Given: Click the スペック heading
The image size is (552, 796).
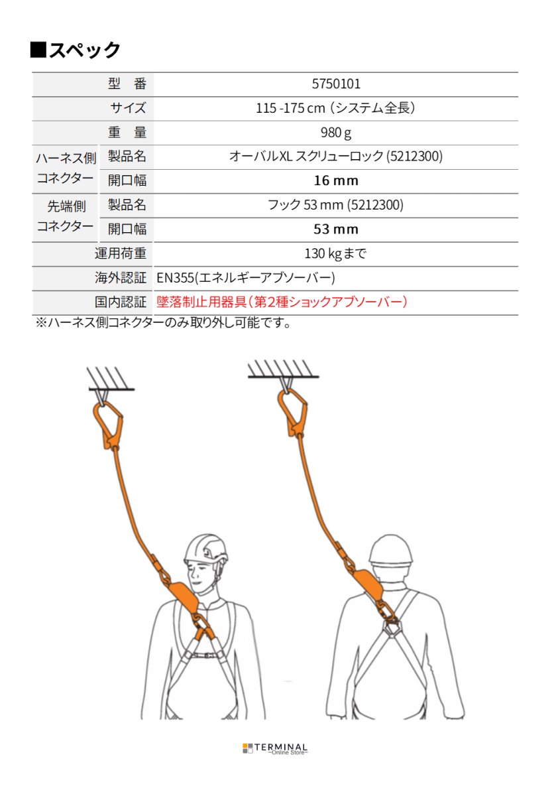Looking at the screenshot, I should pos(76,50).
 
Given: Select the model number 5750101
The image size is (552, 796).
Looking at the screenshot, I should pos(335,84).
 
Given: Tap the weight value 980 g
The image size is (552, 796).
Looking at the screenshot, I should pos(335,133).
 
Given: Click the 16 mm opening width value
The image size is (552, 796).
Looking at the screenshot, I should pos(335,181).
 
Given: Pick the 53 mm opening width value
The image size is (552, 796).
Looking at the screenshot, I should pos(335,230).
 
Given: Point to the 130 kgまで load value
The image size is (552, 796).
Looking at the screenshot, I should pos(335,253).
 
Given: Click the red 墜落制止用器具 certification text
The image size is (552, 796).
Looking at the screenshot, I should pos(282,302).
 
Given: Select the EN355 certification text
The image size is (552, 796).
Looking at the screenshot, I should pos(246,278).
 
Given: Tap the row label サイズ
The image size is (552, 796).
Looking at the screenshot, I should pos(128,108).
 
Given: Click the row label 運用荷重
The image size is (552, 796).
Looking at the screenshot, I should pos(121,253).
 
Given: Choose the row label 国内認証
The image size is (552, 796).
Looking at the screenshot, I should pos(121,302).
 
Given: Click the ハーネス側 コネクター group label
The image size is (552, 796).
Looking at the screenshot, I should pos(65,168).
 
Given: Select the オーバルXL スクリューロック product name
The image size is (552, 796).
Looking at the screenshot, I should pos(335,157).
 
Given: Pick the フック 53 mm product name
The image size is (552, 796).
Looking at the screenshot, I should pos(335,205).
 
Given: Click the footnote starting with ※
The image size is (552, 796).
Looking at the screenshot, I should pos(163,324).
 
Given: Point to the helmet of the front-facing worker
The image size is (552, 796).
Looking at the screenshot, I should pos(205,548).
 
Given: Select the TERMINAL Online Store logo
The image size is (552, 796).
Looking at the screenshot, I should pos(275,748).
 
